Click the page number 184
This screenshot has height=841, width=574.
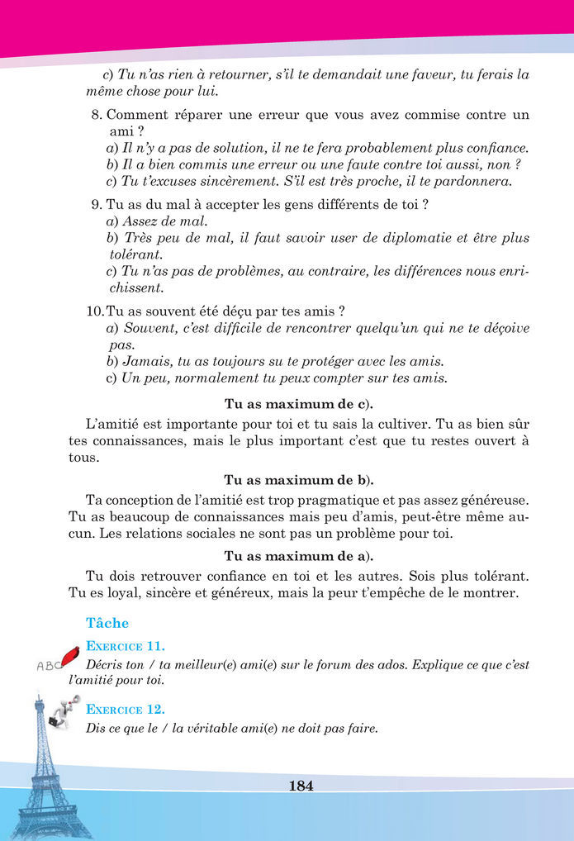click(301, 786)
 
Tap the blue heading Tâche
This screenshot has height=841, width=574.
click(107, 623)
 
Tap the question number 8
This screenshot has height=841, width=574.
click(96, 115)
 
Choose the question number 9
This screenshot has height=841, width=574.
click(96, 204)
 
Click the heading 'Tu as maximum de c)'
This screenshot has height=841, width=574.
click(298, 404)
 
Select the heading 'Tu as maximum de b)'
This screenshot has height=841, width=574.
click(298, 480)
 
